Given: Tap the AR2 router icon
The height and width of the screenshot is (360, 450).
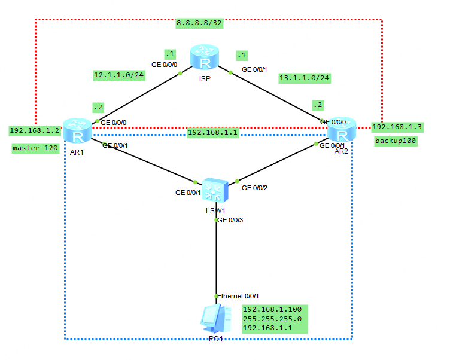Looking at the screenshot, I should pyautogui.click(x=341, y=130).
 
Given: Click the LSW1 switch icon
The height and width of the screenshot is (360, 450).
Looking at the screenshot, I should pyautogui.click(x=214, y=191).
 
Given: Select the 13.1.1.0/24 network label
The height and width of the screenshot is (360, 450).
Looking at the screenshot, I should pyautogui.click(x=305, y=78).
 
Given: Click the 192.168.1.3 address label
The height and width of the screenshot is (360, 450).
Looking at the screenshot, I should pyautogui.click(x=397, y=127).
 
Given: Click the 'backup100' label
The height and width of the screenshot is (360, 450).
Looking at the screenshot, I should pyautogui.click(x=396, y=142).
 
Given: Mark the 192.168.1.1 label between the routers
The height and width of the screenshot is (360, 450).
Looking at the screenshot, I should pyautogui.click(x=213, y=133).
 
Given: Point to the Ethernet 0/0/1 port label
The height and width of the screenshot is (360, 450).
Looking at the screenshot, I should pyautogui.click(x=238, y=296).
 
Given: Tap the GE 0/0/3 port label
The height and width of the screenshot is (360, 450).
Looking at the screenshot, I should pyautogui.click(x=230, y=221).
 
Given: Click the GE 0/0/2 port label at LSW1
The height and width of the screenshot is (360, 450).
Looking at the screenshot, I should pyautogui.click(x=255, y=188).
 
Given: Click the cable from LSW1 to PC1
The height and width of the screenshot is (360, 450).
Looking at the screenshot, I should pyautogui.click(x=216, y=257).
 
